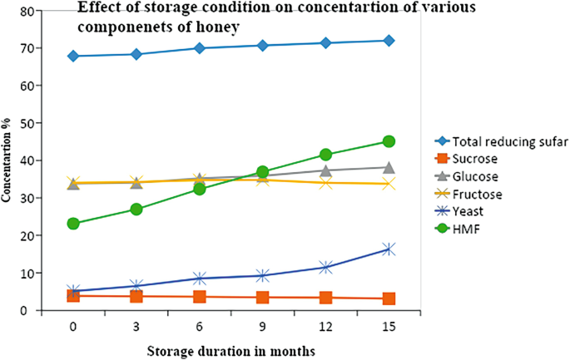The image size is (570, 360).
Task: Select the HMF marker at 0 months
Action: click(x=73, y=224)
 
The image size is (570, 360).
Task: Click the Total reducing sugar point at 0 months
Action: click(x=73, y=56)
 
